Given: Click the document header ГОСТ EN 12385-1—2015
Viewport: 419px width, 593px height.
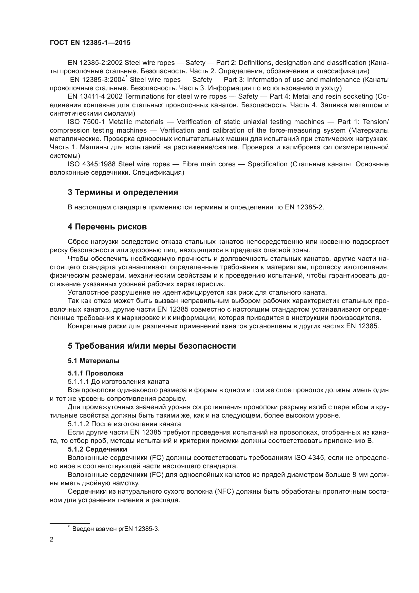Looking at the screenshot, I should (x=90, y=43).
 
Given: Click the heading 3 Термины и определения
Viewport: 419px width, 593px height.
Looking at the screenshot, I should (x=123, y=192).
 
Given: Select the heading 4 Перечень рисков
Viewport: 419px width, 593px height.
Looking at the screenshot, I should (x=107, y=227).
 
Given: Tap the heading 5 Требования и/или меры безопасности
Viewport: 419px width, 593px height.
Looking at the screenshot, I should (x=152, y=346).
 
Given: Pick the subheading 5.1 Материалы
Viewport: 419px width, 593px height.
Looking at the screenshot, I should (x=94, y=361).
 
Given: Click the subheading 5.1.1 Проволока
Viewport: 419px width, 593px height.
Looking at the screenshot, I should (x=96, y=373).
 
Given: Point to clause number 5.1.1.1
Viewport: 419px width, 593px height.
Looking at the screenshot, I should (x=78, y=382).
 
